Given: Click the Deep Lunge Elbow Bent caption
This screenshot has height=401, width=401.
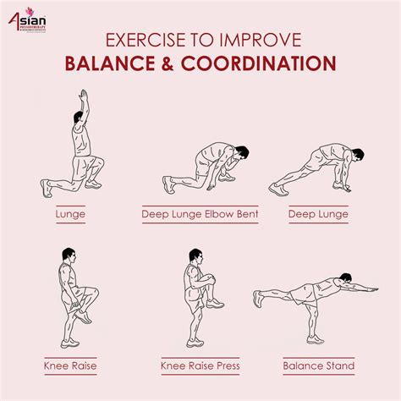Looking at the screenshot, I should pyautogui.click(x=200, y=214).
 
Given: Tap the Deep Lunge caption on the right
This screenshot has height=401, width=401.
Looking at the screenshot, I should pyautogui.click(x=318, y=214).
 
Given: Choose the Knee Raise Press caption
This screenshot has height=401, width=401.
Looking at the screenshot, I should pyautogui.click(x=200, y=365).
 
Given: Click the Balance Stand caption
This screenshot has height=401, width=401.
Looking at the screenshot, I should pyautogui.click(x=319, y=365).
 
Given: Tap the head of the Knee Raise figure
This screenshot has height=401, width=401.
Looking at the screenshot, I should pyautogui.click(x=68, y=255).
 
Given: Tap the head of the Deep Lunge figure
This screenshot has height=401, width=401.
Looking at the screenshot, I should pyautogui.click(x=358, y=156).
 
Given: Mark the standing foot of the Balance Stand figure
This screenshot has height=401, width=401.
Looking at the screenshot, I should pyautogui.click(x=316, y=340).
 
